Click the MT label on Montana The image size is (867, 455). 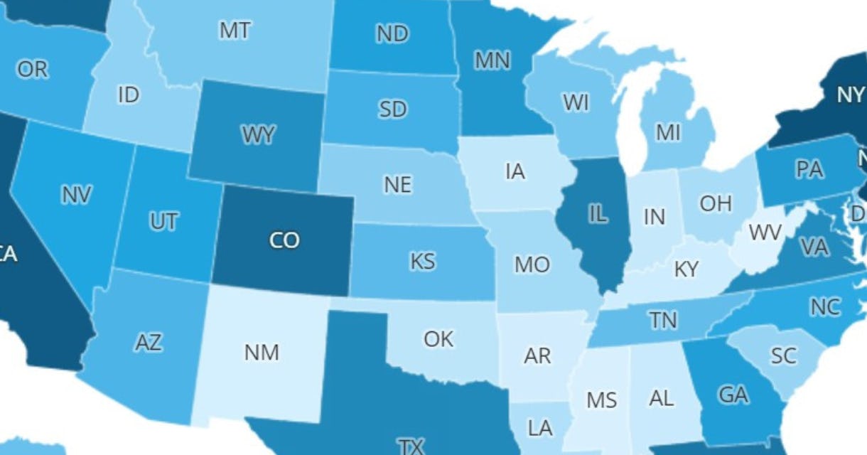235,31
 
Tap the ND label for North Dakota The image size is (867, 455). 392,33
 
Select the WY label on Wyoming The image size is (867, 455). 258,135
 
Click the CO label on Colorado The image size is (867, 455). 284,240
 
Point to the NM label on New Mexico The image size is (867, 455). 262,352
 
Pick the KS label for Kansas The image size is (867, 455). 422,261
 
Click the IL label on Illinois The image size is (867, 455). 598,214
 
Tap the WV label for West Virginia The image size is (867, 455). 765,232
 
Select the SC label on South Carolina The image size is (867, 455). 783,355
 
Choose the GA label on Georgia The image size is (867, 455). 733,395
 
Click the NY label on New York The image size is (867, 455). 850,95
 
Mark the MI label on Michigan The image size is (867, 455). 668,132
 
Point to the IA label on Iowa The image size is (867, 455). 515,171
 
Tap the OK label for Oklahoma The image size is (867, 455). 438,339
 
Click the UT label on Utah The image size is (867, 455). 163,222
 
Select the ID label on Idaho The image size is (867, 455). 128,95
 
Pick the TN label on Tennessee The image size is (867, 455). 662,321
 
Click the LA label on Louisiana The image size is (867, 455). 540,427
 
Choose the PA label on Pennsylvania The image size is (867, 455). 809,169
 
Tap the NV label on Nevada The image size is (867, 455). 76,195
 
